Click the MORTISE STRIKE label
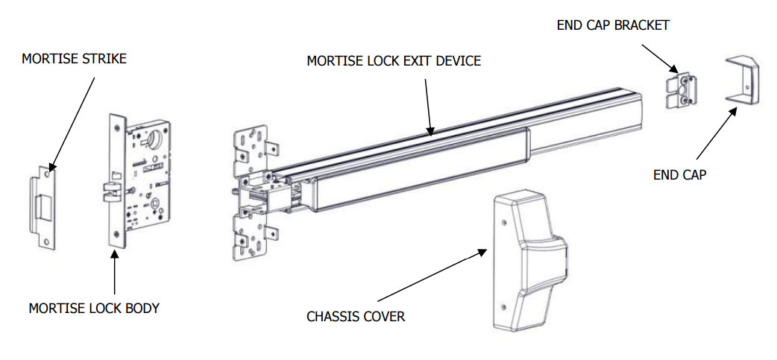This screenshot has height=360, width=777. [74, 58]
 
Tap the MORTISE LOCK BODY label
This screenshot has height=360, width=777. [94, 308]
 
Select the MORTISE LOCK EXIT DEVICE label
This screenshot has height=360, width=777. [394, 60]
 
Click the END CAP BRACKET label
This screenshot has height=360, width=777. [613, 25]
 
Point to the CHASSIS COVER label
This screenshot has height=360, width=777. [356, 317]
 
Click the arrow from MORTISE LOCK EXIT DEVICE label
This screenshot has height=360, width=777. [427, 104]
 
